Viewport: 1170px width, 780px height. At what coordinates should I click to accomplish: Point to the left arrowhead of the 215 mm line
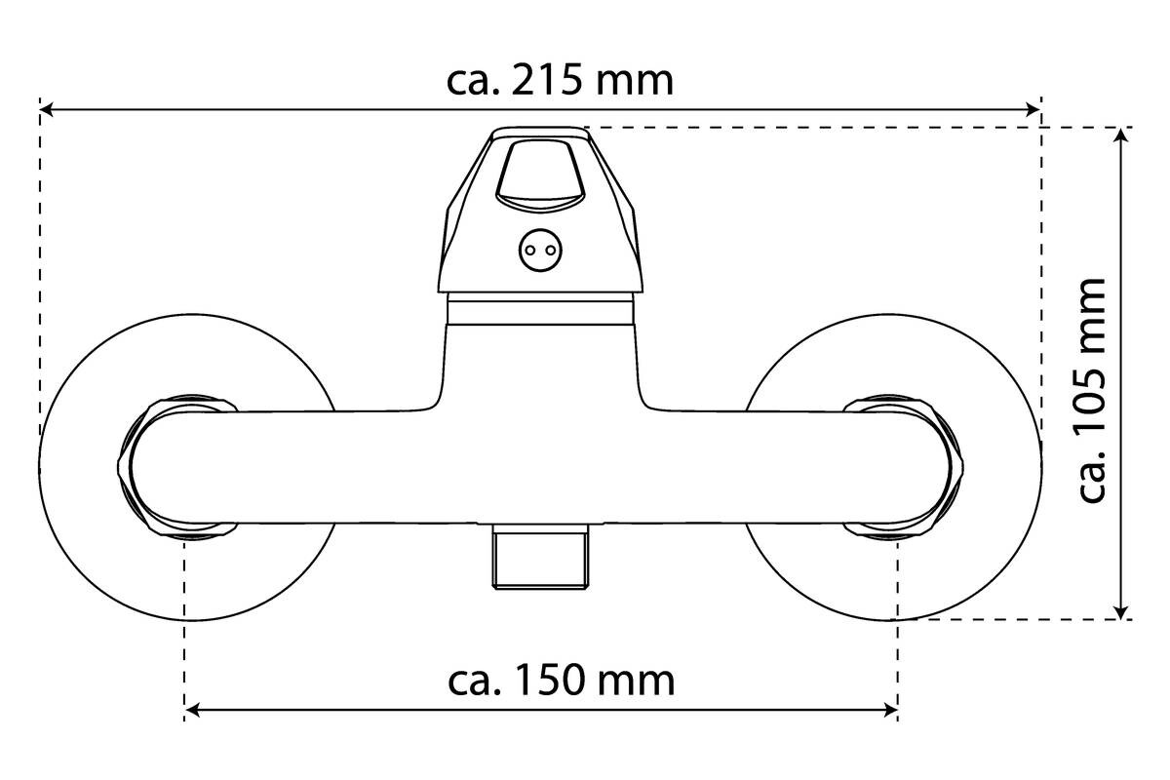pyautogui.click(x=47, y=110)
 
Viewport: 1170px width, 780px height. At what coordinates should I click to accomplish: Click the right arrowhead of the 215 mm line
pyautogui.click(x=1034, y=110)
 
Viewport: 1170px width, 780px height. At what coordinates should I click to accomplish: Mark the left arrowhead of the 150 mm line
pyautogui.click(x=192, y=710)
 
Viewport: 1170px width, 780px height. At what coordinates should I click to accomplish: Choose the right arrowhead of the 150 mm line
pyautogui.click(x=890, y=710)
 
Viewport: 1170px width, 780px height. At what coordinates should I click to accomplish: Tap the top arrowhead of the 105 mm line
pyautogui.click(x=1121, y=135)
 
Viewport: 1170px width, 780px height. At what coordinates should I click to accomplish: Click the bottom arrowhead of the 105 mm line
pyautogui.click(x=1121, y=612)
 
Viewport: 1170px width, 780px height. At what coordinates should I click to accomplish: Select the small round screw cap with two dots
pyautogui.click(x=540, y=251)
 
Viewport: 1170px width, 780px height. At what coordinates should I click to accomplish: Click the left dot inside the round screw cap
pyautogui.click(x=531, y=251)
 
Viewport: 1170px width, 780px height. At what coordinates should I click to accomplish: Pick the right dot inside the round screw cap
pyautogui.click(x=551, y=251)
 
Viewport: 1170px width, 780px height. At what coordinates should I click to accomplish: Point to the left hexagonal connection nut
pyautogui.click(x=177, y=468)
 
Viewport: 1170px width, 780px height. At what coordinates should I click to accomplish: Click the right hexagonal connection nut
pyautogui.click(x=904, y=468)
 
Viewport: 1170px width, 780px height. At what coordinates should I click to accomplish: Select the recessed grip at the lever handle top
pyautogui.click(x=540, y=176)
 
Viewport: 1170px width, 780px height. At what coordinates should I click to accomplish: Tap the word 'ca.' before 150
pyautogui.click(x=476, y=683)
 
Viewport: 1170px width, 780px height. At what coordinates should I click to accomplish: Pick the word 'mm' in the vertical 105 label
pyautogui.click(x=1092, y=316)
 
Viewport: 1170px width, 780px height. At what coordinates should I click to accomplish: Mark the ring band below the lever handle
pyautogui.click(x=540, y=309)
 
